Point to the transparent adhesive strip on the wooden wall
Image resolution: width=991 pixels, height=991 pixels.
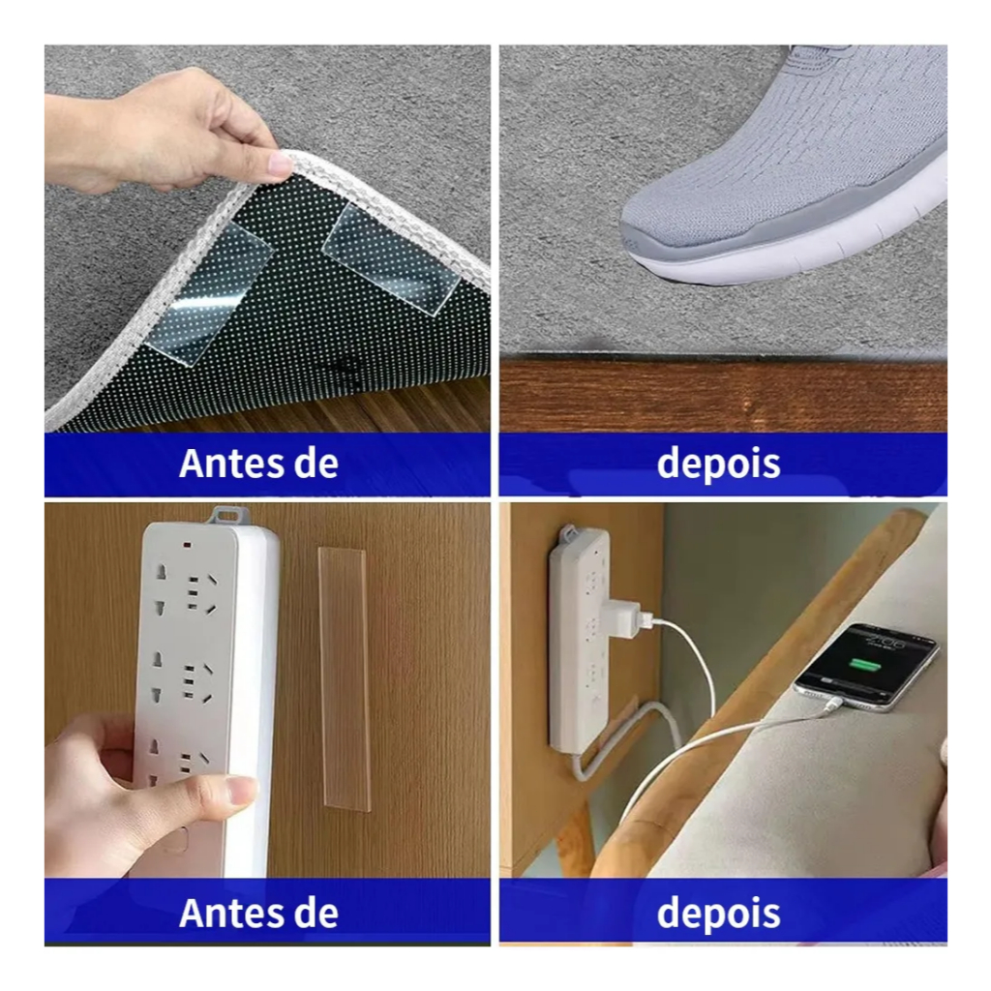tap(344, 679)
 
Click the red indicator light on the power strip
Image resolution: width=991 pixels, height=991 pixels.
tap(188, 544)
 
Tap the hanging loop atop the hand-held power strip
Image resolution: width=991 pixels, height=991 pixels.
tap(226, 515)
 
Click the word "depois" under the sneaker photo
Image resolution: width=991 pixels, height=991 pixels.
tap(719, 465)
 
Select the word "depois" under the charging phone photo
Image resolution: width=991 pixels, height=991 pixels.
tap(719, 914)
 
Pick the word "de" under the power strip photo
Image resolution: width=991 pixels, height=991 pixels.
tap(316, 914)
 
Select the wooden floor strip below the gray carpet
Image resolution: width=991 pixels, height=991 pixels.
tap(723, 396)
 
